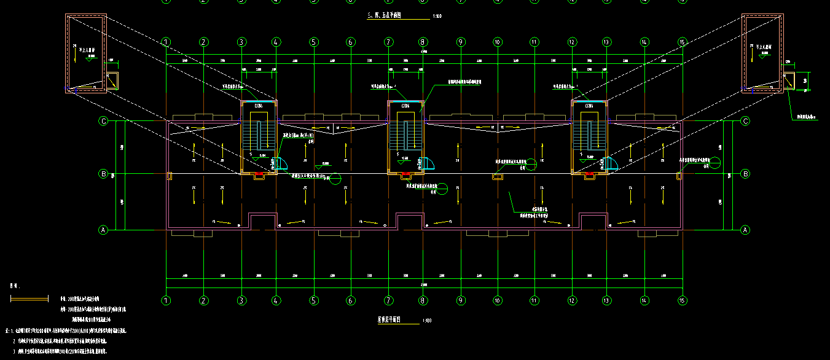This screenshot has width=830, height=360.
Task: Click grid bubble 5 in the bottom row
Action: pyautogui.click(x=314, y=300)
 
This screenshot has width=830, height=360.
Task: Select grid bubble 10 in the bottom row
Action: pyautogui.click(x=498, y=300)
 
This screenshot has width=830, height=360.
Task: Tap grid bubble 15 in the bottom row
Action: pyautogui.click(x=681, y=300)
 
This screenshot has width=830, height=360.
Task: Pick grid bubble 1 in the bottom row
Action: pyautogui.click(x=166, y=300)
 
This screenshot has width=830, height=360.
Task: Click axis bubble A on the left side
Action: pyautogui.click(x=103, y=230)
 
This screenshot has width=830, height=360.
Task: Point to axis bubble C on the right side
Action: pyautogui.click(x=745, y=121)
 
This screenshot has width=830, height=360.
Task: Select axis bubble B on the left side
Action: pyautogui.click(x=103, y=174)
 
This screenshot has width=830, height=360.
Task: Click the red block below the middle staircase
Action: pyautogui.click(x=405, y=176)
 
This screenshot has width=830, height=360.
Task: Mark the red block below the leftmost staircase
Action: pyautogui.click(x=259, y=176)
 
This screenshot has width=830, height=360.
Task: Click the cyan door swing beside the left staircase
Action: pyautogui.click(x=282, y=163)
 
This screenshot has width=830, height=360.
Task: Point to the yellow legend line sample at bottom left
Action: pyautogui.click(x=29, y=299)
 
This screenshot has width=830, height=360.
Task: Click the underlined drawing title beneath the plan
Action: pyautogui.click(x=389, y=320)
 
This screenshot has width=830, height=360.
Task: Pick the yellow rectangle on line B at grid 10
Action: pyautogui.click(x=498, y=177)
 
